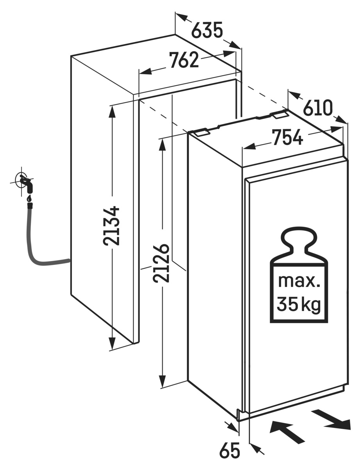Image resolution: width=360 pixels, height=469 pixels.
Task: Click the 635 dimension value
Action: [207, 31]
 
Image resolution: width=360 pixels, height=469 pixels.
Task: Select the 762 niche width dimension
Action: [184, 61]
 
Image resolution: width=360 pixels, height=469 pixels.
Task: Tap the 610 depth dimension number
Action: [318, 108]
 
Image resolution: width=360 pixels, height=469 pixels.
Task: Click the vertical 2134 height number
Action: [112, 225]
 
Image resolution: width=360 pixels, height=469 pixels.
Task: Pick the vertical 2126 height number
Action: [161, 263]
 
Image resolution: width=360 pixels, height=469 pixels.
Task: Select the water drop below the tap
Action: [29, 199]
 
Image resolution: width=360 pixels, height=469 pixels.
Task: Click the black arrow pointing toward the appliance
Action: [287, 432]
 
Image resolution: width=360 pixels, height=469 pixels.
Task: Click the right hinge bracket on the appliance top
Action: [279, 114]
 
